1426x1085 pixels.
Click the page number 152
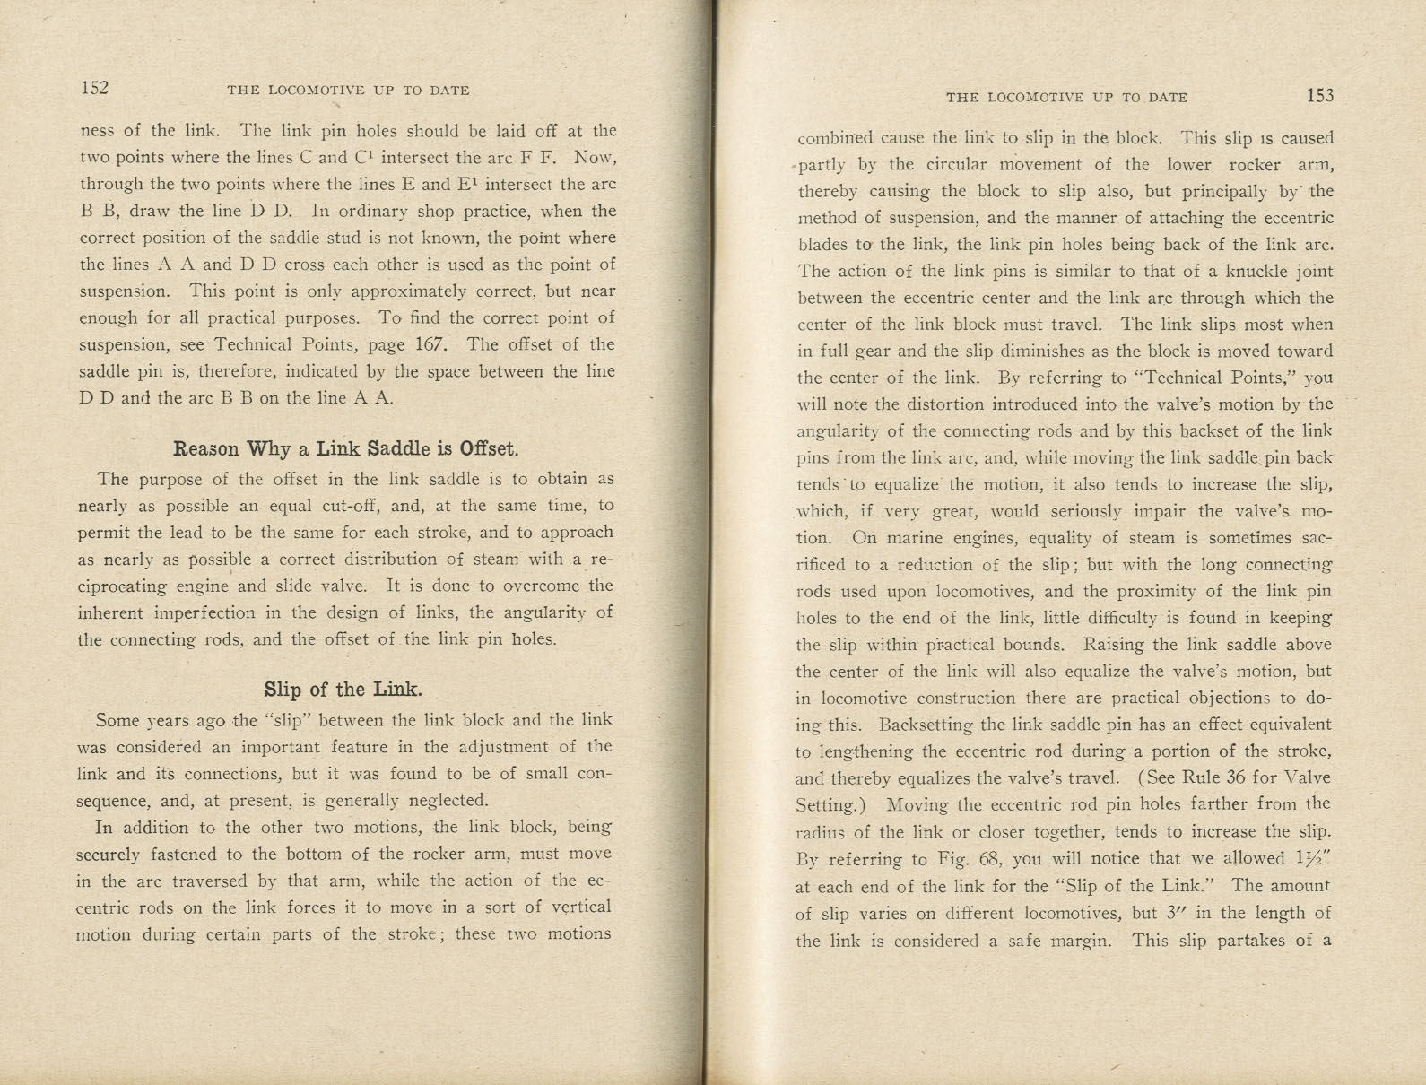click(94, 88)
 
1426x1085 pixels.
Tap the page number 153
click(1320, 96)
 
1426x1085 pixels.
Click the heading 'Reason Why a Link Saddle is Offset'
click(346, 447)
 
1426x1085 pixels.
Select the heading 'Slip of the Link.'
click(343, 690)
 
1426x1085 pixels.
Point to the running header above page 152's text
click(348, 90)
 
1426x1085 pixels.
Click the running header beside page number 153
click(1066, 97)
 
